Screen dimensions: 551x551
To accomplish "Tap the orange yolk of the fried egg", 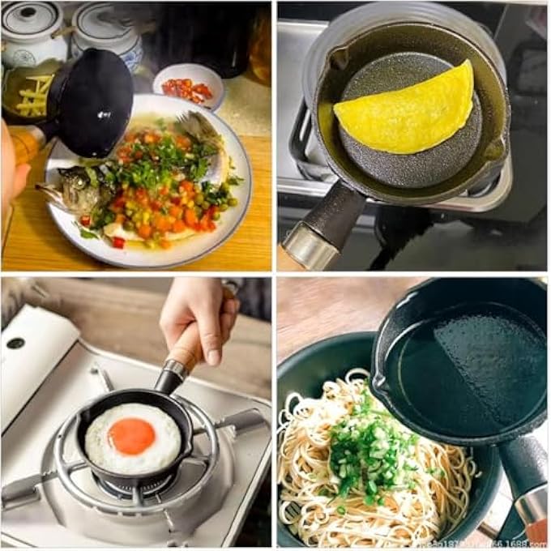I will [132, 436].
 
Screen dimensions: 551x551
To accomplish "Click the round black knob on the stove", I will [15, 343].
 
